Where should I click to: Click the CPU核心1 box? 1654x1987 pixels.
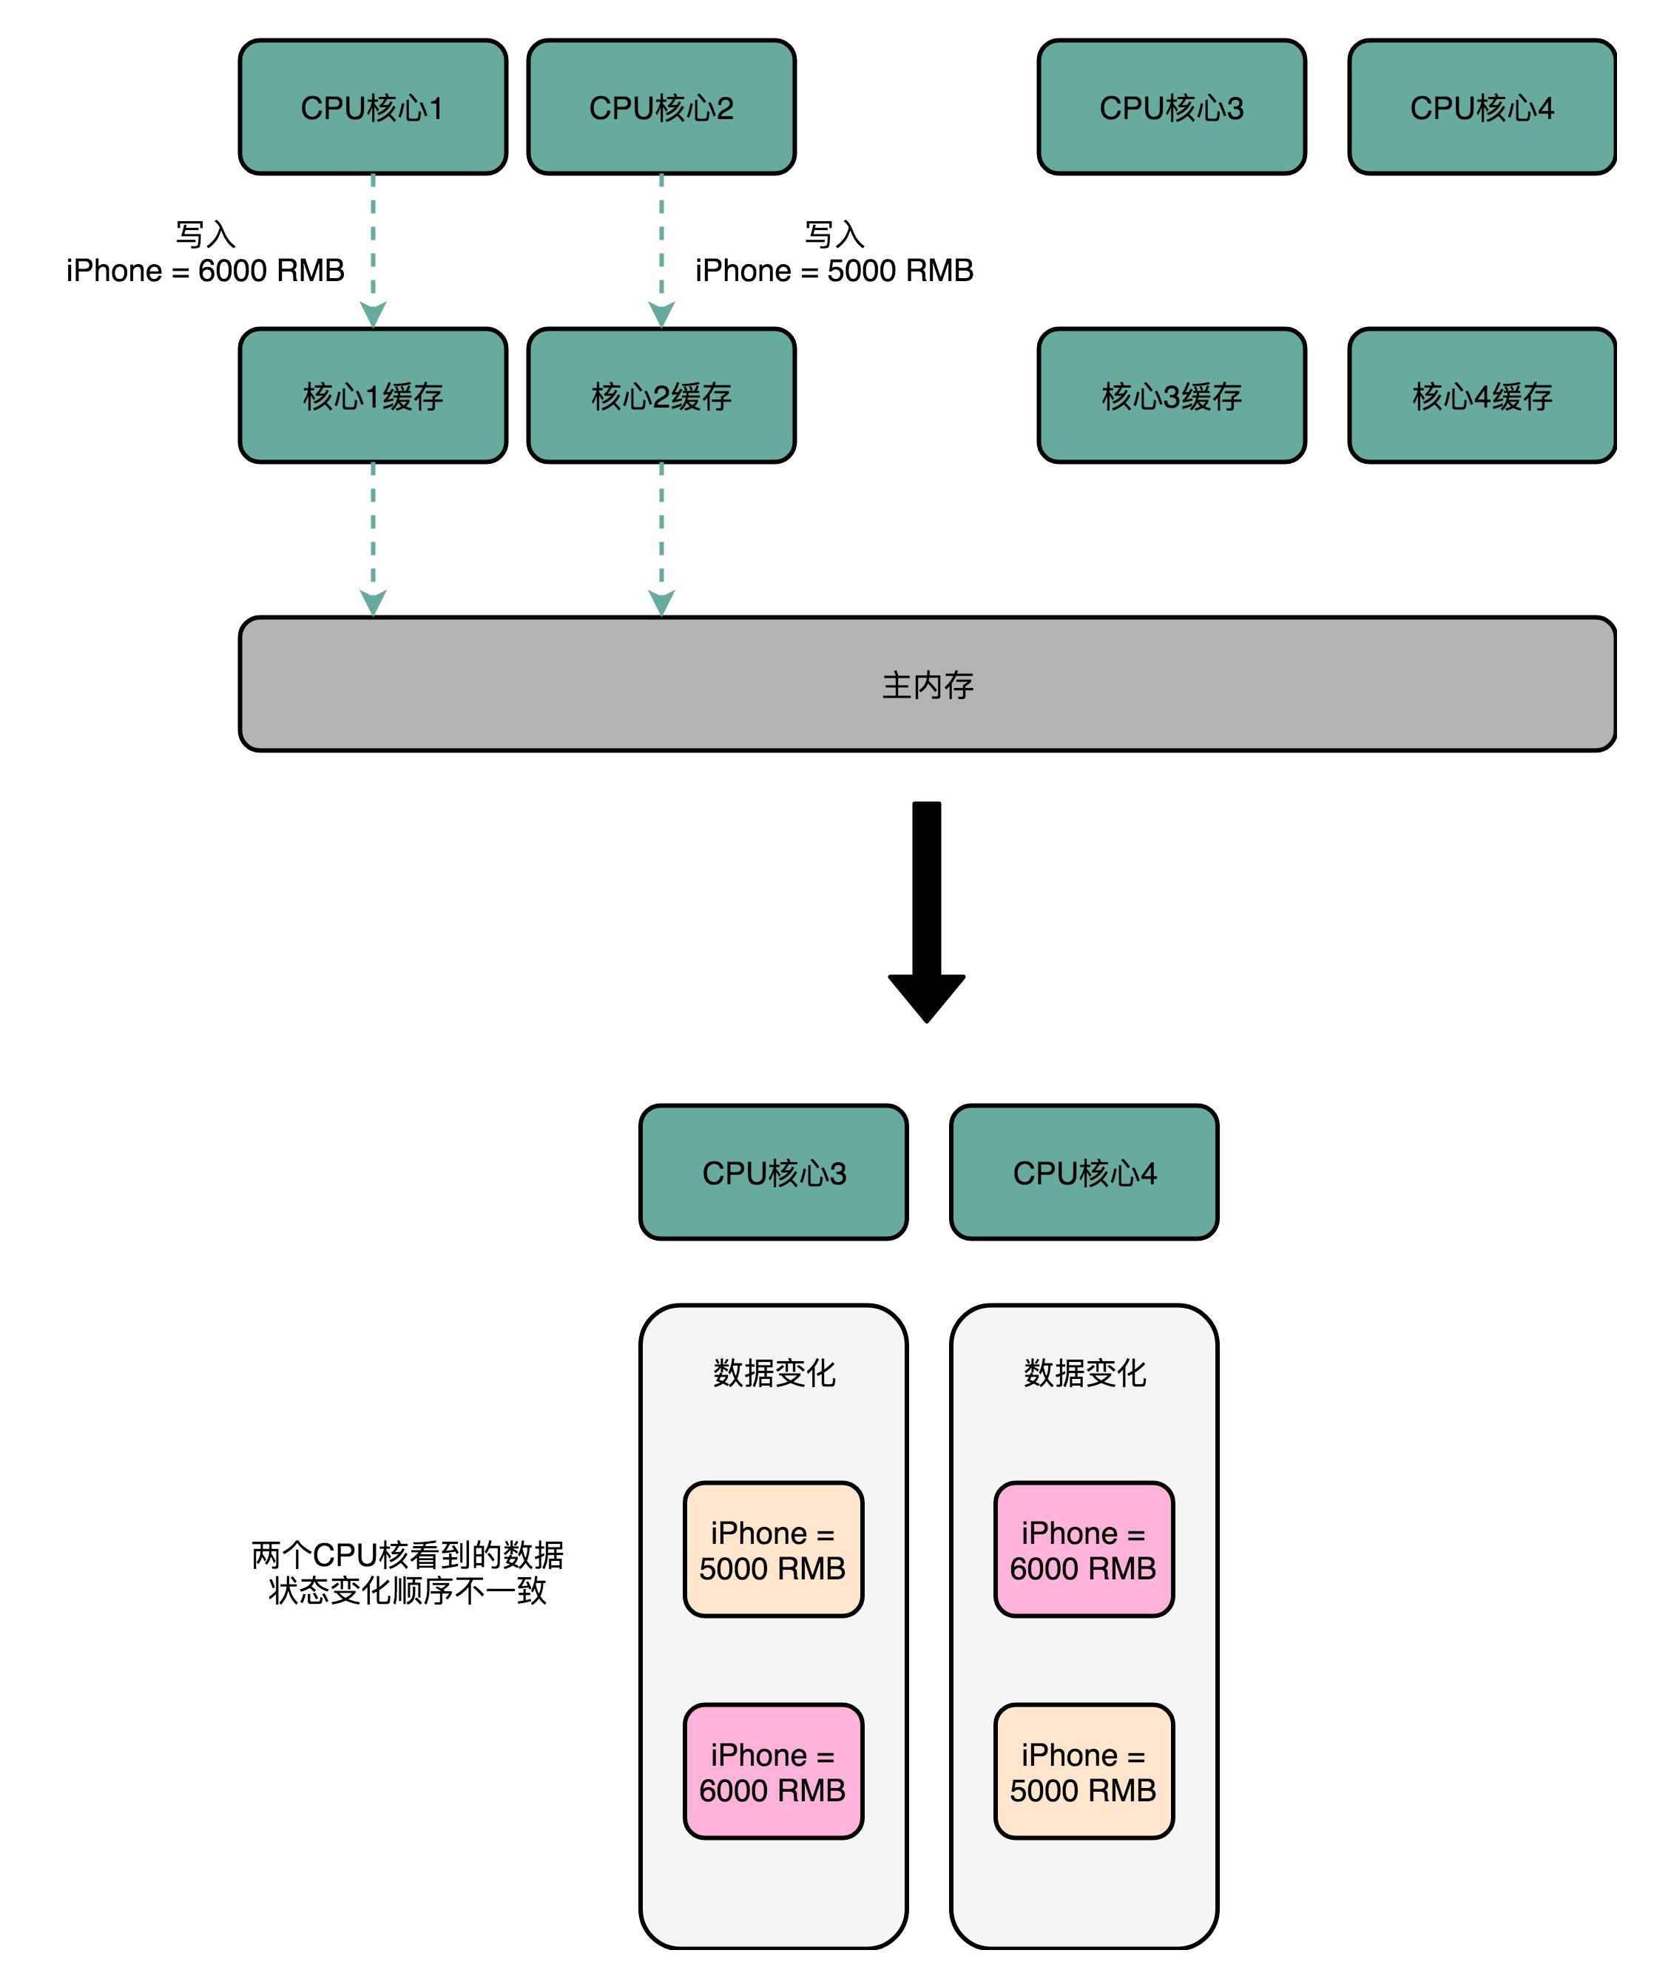coord(373,107)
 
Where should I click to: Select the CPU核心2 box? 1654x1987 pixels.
coord(661,107)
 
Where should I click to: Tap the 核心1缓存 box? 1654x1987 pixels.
coord(373,396)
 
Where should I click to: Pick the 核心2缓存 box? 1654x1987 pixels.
coord(661,396)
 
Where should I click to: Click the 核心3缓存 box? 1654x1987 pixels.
coord(1172,396)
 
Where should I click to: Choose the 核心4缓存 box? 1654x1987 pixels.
coord(1482,396)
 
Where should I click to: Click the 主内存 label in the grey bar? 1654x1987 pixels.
coord(928,685)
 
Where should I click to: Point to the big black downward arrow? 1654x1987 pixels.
coord(926,908)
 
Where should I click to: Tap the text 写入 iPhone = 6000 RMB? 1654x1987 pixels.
coord(206,253)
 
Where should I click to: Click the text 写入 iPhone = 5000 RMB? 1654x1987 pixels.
coord(834,253)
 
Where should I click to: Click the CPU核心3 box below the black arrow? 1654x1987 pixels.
coord(773,1173)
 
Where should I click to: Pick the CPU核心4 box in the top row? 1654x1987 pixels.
coord(1482,107)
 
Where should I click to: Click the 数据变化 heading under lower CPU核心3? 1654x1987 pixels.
coord(773,1373)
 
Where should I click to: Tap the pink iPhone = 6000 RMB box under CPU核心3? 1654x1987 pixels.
coord(773,1772)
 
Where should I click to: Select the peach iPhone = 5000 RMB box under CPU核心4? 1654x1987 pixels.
coord(1084,1772)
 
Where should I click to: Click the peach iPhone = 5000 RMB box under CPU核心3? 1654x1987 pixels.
coord(773,1550)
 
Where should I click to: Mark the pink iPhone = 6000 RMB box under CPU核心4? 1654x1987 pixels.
coord(1084,1550)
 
